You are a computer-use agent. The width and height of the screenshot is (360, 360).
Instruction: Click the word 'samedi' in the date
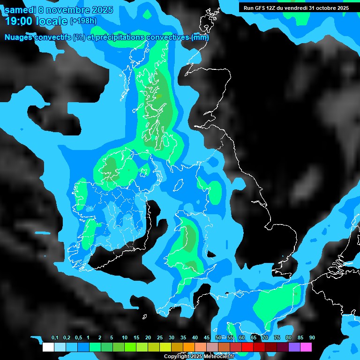[20, 9]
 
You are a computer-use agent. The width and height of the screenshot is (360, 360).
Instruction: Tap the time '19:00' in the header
[18, 21]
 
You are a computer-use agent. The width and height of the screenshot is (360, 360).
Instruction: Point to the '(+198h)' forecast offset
[84, 21]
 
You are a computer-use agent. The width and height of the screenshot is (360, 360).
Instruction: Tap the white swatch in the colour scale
[48, 347]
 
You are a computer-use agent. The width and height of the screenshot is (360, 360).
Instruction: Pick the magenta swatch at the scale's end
[306, 347]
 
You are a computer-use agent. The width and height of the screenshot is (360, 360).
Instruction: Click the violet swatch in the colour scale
[294, 347]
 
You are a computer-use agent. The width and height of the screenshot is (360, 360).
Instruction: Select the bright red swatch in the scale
[247, 347]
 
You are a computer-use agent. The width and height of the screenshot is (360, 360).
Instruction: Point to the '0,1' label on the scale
[55, 338]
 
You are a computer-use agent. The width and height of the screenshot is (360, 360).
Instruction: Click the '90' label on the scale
[312, 338]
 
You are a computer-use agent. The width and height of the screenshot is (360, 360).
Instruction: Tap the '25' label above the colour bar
[160, 338]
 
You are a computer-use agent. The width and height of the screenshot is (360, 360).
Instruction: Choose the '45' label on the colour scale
[207, 338]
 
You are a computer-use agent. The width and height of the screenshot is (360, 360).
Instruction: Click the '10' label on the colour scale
[125, 338]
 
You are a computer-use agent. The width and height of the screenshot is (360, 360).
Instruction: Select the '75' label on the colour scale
[277, 338]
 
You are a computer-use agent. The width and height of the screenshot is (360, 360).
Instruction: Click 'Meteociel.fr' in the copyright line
[219, 357]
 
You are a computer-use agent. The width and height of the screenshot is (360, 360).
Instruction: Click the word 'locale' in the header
[51, 21]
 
